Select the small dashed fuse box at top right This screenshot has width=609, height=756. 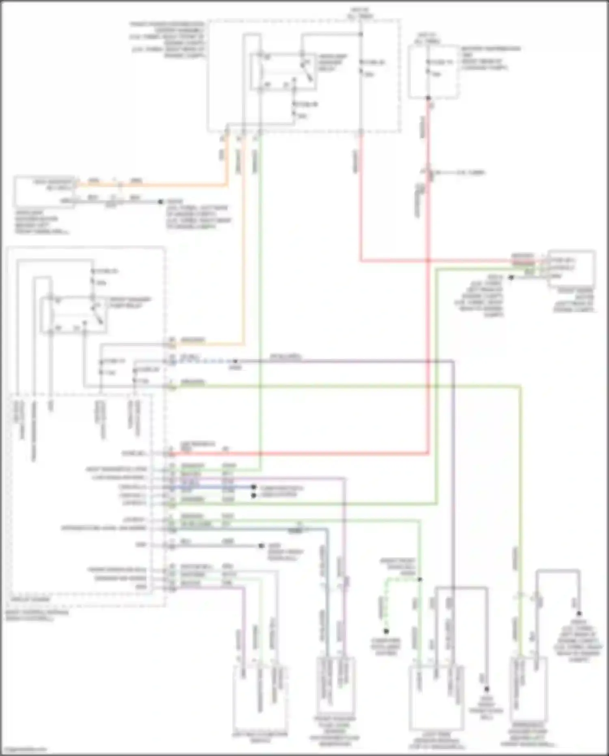(x=433, y=71)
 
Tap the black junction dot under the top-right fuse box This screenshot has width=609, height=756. (x=428, y=98)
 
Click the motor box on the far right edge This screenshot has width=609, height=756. (x=572, y=269)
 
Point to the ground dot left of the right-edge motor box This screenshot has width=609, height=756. (x=511, y=278)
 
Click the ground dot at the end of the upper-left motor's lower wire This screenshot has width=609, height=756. (x=161, y=201)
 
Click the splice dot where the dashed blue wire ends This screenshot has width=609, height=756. (x=235, y=361)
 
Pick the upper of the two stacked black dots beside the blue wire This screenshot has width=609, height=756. (x=254, y=487)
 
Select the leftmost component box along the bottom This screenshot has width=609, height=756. (x=260, y=697)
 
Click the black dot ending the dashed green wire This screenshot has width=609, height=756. (x=386, y=631)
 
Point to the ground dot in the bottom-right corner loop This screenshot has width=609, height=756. (x=579, y=613)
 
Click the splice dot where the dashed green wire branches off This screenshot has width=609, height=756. (x=420, y=579)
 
